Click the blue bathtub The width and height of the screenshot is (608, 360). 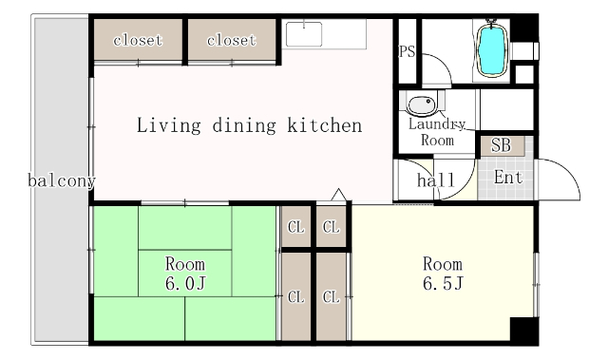point(492,49)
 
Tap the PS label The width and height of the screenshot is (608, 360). point(407,51)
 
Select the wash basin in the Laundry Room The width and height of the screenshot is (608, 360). point(422,104)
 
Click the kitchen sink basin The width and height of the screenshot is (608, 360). point(304,34)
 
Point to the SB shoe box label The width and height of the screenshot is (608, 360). point(501,145)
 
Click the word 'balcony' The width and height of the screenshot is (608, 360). point(62,180)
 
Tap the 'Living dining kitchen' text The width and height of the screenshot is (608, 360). point(249,125)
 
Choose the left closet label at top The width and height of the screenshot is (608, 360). point(138,40)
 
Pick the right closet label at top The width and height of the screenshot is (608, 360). point(232,40)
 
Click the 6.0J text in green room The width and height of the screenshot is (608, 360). point(185,283)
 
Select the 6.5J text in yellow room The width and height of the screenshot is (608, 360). point(443,283)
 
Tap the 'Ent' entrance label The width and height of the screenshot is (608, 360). point(508,178)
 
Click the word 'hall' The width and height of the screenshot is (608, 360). point(436,180)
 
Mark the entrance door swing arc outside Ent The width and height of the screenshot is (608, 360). point(568,171)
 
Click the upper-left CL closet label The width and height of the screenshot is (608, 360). point(296,227)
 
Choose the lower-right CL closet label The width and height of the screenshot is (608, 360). point(332,297)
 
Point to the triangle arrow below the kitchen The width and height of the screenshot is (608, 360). point(339,195)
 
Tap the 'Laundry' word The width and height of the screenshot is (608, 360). point(437,124)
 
